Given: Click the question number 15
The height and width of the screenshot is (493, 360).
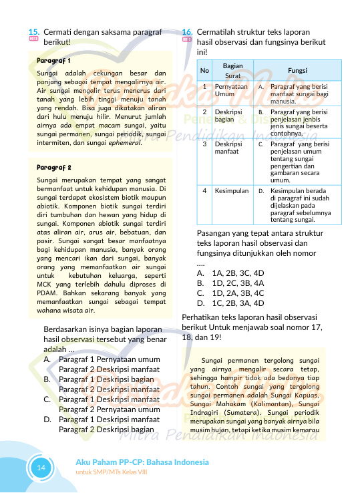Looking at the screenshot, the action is [33, 31].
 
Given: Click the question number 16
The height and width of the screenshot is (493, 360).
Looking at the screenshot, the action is [187, 31].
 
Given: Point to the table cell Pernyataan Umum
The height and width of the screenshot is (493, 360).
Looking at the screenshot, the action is [231, 90].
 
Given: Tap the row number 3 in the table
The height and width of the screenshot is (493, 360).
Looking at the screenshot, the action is [204, 144].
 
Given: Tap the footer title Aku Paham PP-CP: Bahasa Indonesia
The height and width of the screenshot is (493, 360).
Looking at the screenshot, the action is [142, 462].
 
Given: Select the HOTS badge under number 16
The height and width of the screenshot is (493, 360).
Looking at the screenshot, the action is [187, 41].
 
